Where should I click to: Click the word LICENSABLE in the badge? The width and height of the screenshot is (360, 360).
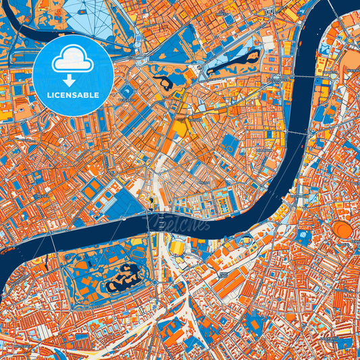[73, 95]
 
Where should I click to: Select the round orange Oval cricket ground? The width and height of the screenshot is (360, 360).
[343, 231]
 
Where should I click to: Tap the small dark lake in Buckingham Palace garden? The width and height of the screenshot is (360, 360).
[163, 82]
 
